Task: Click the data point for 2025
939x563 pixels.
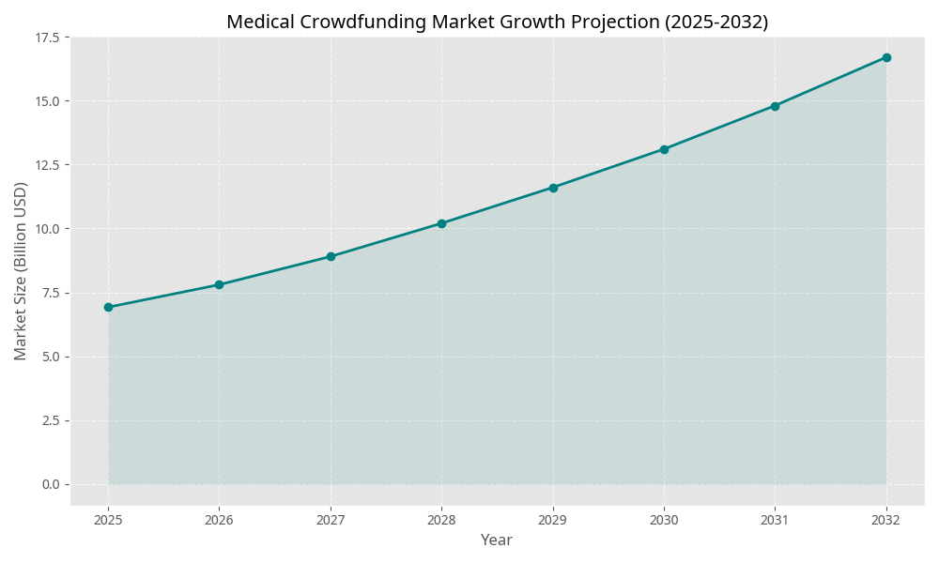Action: [108, 307]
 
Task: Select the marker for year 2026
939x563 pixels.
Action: [219, 284]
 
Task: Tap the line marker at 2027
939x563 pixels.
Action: [331, 256]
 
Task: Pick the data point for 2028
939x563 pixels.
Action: [441, 223]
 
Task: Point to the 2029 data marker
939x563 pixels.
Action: [553, 188]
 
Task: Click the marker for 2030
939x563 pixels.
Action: [664, 149]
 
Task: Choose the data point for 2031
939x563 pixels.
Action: [775, 106]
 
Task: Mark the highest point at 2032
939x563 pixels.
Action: [886, 57]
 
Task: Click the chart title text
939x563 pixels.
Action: [497, 22]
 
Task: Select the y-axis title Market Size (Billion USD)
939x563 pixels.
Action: [21, 270]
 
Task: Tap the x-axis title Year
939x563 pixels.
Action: [497, 540]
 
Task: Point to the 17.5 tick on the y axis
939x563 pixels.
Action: [46, 38]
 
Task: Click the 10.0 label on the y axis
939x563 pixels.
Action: [46, 229]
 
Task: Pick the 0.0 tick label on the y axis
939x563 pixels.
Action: [50, 484]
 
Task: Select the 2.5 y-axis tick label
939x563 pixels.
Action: [50, 420]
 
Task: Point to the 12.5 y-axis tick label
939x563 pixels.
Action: [46, 165]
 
